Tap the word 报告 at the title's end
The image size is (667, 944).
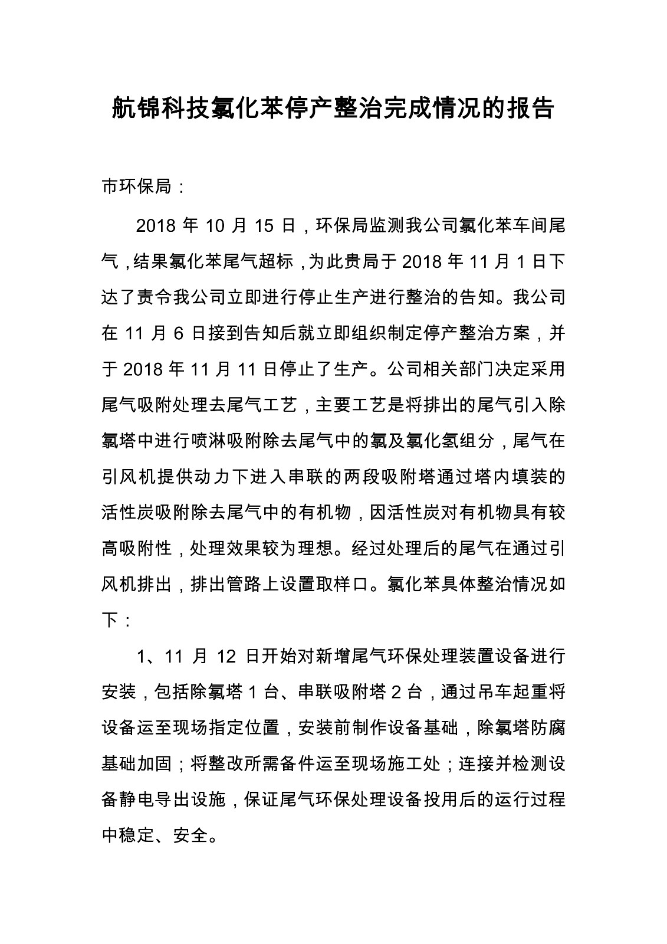click(x=530, y=109)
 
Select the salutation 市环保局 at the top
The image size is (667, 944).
click(x=136, y=187)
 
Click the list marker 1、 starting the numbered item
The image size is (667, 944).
click(x=145, y=656)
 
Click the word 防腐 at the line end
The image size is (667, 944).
click(x=548, y=727)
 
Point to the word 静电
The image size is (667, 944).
click(x=138, y=799)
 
